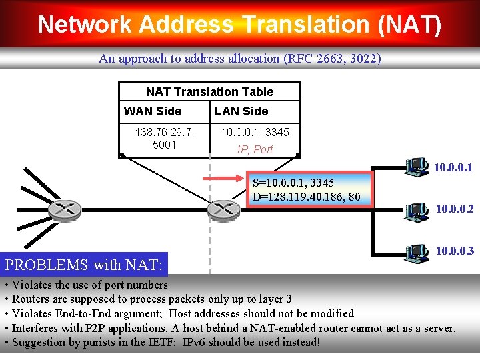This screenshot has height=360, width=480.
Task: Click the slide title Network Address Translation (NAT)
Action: click(x=239, y=24)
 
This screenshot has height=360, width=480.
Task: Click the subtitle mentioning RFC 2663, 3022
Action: click(x=240, y=59)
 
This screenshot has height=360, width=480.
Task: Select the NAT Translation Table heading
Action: click(x=209, y=92)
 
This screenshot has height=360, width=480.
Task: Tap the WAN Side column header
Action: click(x=153, y=111)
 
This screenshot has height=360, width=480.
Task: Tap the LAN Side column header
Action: click(x=241, y=111)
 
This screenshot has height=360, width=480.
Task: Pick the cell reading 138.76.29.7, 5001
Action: click(x=164, y=139)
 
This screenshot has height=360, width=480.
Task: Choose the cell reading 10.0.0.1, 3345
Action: click(x=255, y=132)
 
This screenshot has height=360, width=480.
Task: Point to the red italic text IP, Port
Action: click(x=255, y=149)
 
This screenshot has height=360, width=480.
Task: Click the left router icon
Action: click(x=66, y=210)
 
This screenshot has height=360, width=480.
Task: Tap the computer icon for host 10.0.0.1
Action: click(x=417, y=167)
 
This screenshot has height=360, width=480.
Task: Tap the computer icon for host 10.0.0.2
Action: click(x=417, y=210)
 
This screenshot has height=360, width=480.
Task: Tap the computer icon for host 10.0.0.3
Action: click(x=417, y=252)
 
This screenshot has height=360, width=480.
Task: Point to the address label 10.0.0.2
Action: click(x=455, y=209)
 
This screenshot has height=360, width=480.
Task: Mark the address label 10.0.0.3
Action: click(x=455, y=251)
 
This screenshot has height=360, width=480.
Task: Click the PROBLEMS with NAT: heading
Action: click(x=84, y=265)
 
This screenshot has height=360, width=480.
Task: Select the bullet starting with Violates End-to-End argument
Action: click(x=180, y=313)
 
